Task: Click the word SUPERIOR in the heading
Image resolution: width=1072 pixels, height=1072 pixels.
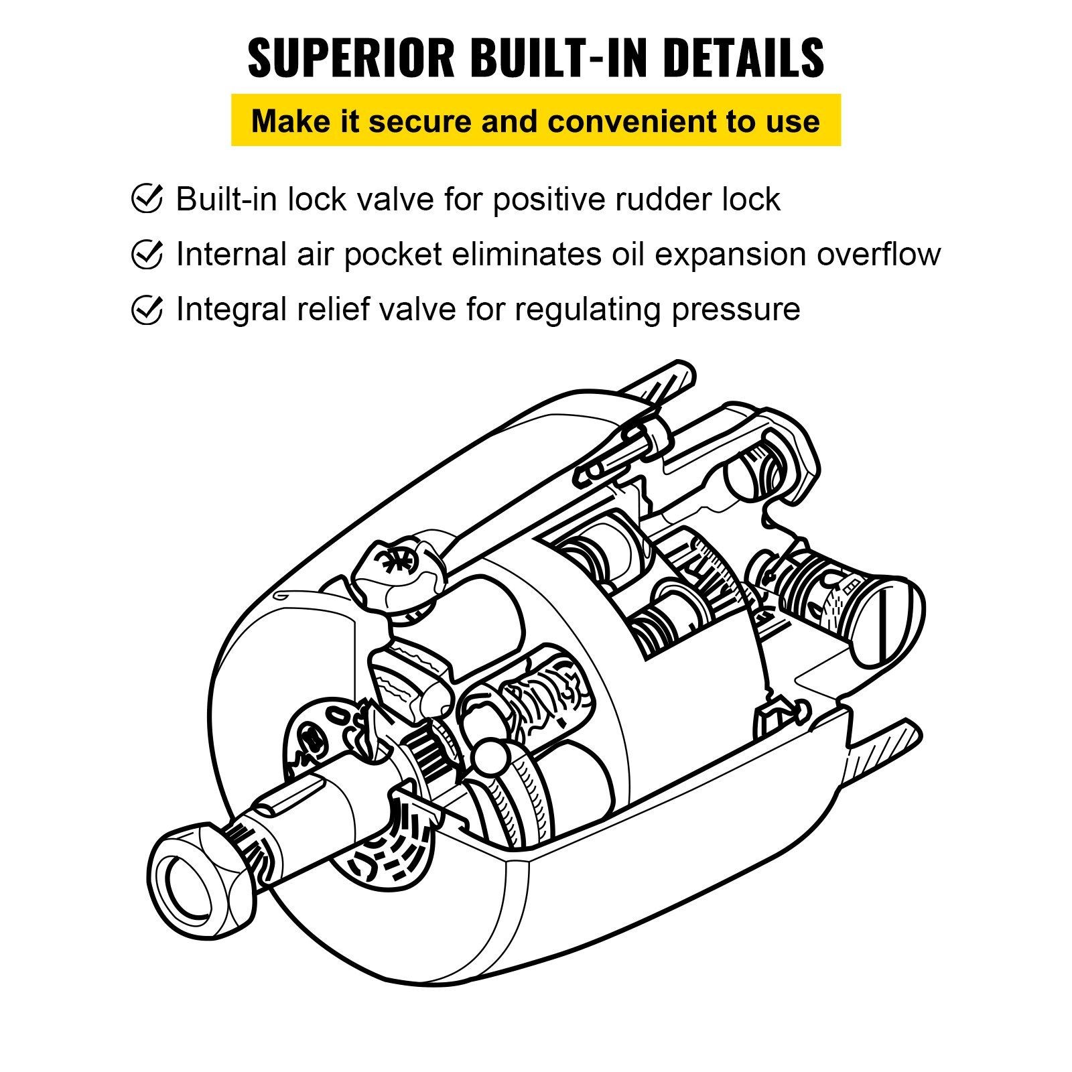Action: click(352, 59)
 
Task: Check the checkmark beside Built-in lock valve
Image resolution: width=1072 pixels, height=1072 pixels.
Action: click(146, 199)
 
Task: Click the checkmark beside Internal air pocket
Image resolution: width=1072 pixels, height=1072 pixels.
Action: click(146, 255)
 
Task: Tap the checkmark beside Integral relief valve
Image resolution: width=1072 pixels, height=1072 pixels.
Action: click(146, 310)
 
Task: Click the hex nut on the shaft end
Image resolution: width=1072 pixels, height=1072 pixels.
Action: click(201, 884)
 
